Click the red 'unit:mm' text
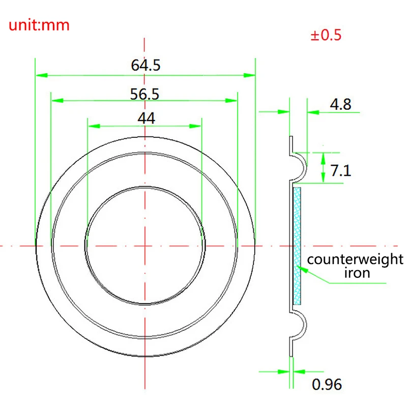(39, 25)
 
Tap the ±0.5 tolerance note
(326, 36)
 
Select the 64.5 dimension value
(146, 66)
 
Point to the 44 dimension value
(146, 118)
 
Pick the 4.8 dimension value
(340, 105)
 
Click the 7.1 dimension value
(341, 170)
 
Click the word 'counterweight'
(355, 259)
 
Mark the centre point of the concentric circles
(145, 246)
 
